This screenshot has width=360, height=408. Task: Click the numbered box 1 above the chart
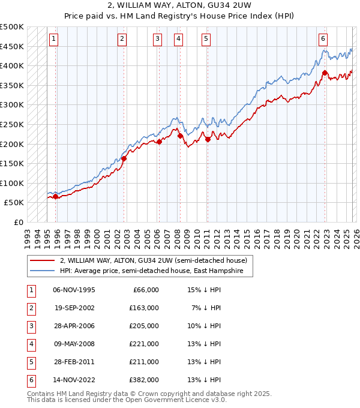click(x=53, y=39)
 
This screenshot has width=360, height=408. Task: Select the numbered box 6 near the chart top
click(x=323, y=39)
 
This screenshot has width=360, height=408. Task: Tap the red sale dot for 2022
click(x=325, y=73)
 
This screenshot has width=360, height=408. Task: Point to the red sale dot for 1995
click(x=56, y=196)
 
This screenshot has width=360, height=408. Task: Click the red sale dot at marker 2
click(x=124, y=159)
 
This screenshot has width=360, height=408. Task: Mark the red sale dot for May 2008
click(x=180, y=136)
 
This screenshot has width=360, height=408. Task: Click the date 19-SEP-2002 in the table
click(x=74, y=308)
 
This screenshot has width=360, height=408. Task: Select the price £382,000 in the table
click(x=145, y=380)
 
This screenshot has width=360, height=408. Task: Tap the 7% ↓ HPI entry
click(x=206, y=308)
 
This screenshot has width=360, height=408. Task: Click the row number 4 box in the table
click(x=31, y=344)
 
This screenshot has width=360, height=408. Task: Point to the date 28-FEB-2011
click(x=74, y=362)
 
